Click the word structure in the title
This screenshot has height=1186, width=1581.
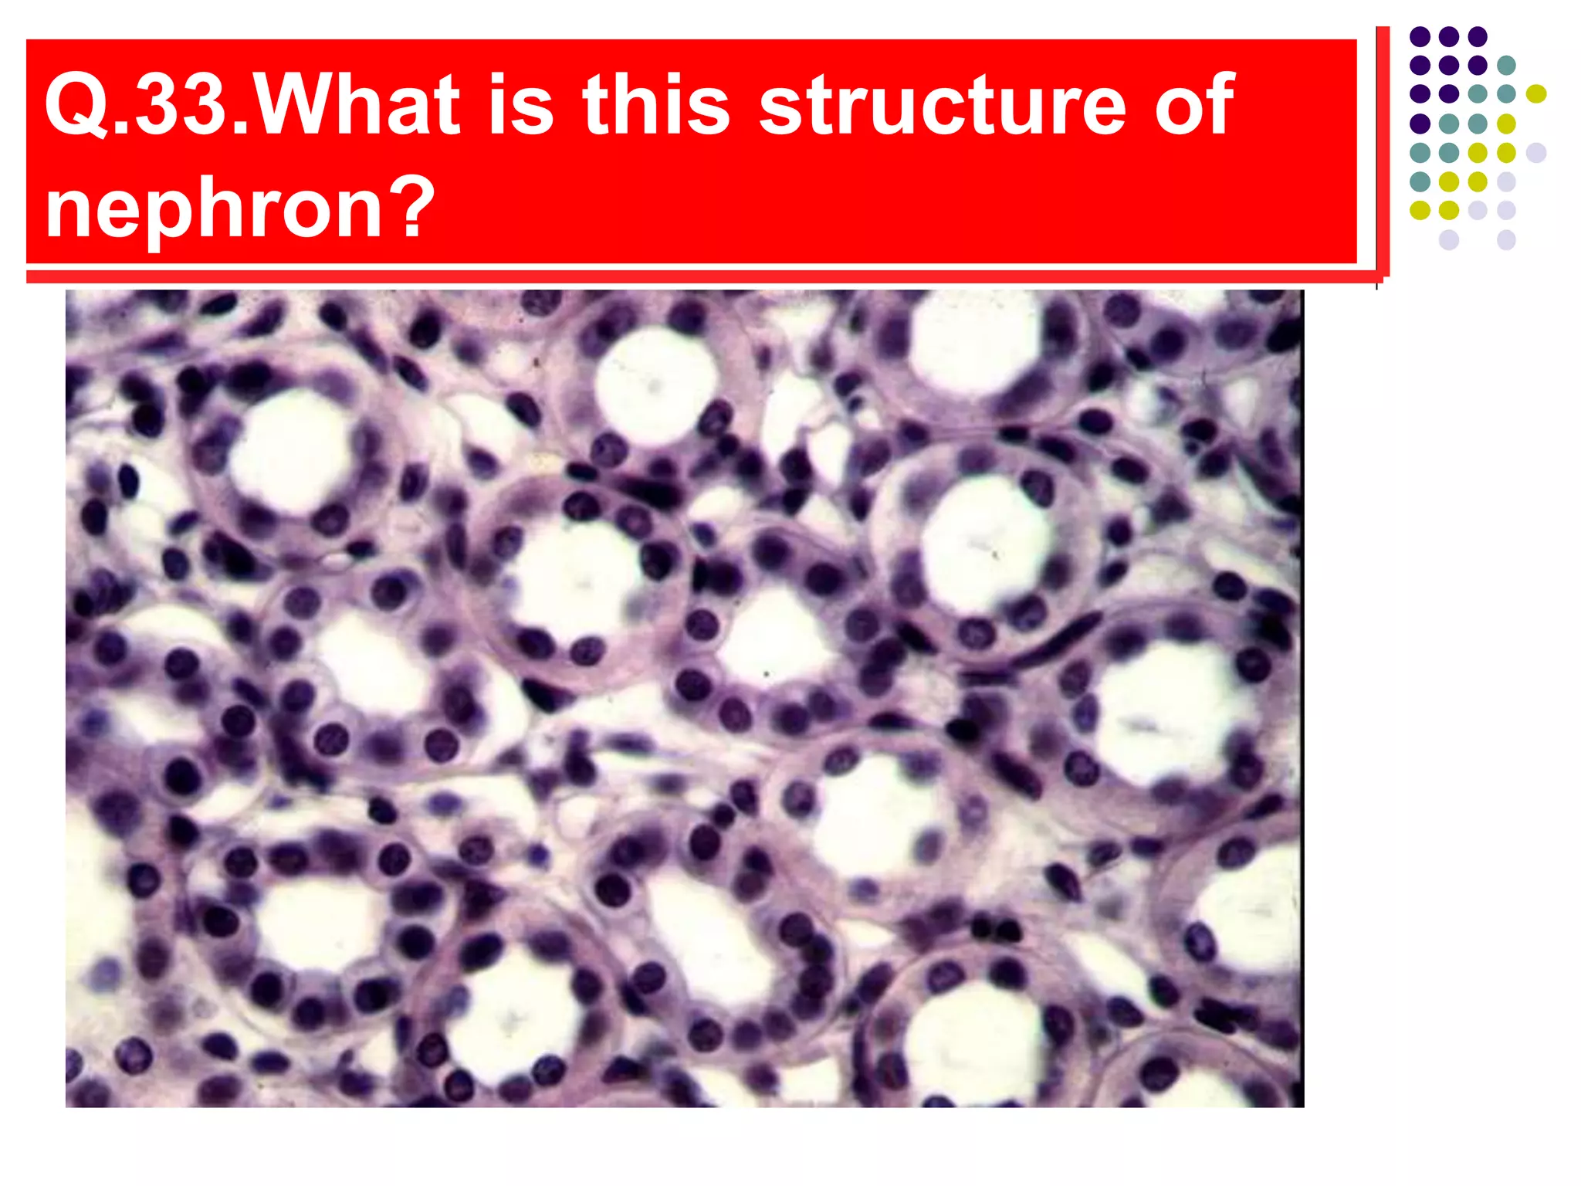tap(942, 105)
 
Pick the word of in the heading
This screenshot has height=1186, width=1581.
tap(1193, 105)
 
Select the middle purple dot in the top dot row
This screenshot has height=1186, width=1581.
tap(1448, 36)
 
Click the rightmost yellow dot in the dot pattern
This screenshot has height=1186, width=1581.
tap(1536, 94)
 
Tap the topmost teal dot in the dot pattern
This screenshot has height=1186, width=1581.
tap(1506, 66)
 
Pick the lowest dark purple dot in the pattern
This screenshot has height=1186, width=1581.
tap(1420, 124)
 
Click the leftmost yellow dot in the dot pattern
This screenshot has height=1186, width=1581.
tap(1420, 210)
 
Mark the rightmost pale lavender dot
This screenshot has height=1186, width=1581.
tap(1536, 152)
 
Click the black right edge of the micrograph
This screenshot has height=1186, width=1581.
tap(1301, 695)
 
